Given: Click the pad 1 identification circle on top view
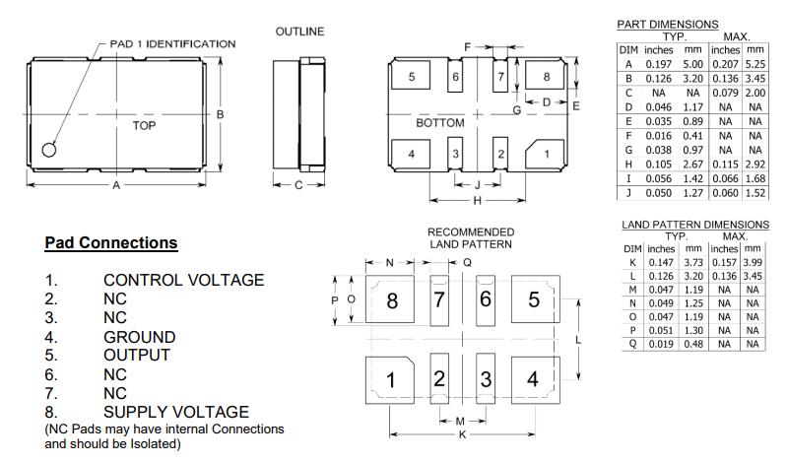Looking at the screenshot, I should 49,149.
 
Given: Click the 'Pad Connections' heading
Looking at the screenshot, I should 111,242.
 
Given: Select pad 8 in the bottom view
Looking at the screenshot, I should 546,77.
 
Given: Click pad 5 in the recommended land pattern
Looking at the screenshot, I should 533,299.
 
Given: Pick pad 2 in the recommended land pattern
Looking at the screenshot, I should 440,379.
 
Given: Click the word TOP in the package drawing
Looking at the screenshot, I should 144,126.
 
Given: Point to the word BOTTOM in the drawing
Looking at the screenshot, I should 439,124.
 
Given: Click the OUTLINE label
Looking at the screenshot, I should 299,32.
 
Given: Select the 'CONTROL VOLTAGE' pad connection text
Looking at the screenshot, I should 183,280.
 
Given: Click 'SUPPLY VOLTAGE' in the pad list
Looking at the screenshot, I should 176,411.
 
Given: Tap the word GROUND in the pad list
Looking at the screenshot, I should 139,336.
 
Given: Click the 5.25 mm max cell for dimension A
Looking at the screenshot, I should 754,63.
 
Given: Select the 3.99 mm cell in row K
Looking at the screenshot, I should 754,262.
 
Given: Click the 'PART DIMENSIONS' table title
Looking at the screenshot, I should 667,24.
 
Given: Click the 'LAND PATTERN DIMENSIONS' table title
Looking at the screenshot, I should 694,225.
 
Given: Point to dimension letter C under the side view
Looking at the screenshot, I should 297,184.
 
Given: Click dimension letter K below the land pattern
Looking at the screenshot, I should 461,434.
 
